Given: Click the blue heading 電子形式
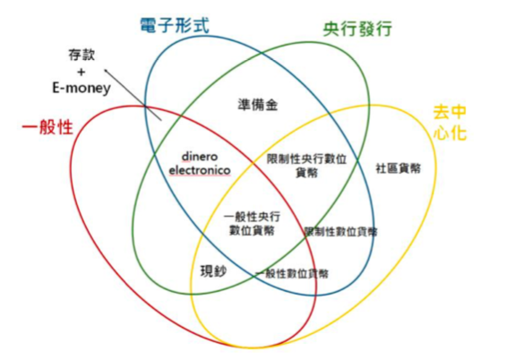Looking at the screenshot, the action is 175,25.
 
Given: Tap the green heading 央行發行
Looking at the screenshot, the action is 357,30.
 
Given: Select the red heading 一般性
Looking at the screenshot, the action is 47,126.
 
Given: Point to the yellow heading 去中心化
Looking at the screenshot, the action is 450,123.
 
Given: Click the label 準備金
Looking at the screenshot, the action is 258,105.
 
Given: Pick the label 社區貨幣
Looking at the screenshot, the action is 399,168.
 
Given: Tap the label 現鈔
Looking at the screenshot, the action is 213,271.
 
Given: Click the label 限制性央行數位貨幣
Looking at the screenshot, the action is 306,166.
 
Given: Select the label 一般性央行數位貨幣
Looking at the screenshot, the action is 252,224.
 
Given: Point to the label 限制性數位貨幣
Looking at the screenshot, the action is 341,232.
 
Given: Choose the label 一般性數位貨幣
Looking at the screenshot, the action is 292,274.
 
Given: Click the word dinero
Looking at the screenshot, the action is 200,157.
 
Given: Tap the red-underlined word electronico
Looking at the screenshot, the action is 200,170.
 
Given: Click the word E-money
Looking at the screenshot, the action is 82,88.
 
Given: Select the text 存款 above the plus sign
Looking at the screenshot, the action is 82,55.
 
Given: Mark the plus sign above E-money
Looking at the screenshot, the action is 82,72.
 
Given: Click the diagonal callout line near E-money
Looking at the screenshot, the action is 133,95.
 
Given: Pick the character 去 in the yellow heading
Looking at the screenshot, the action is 441,113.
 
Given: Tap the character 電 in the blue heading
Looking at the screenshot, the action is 149,25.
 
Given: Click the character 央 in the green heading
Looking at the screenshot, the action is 331,30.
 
